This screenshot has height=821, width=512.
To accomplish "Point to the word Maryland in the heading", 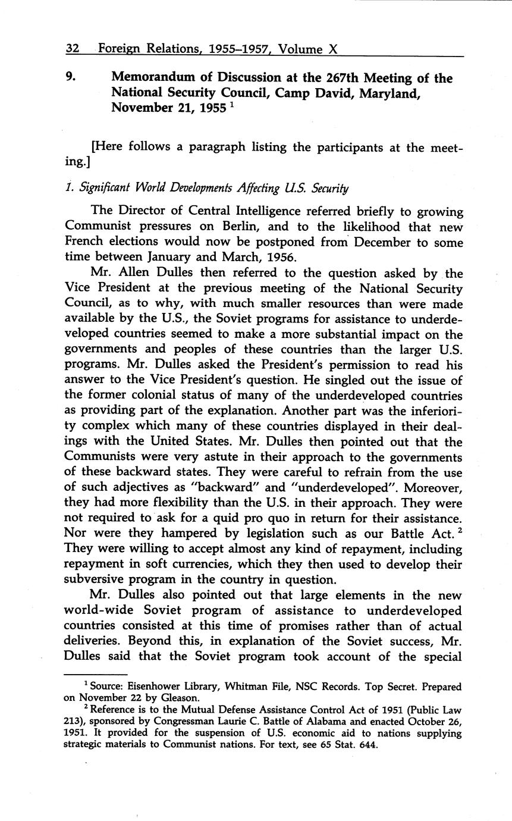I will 391,93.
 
